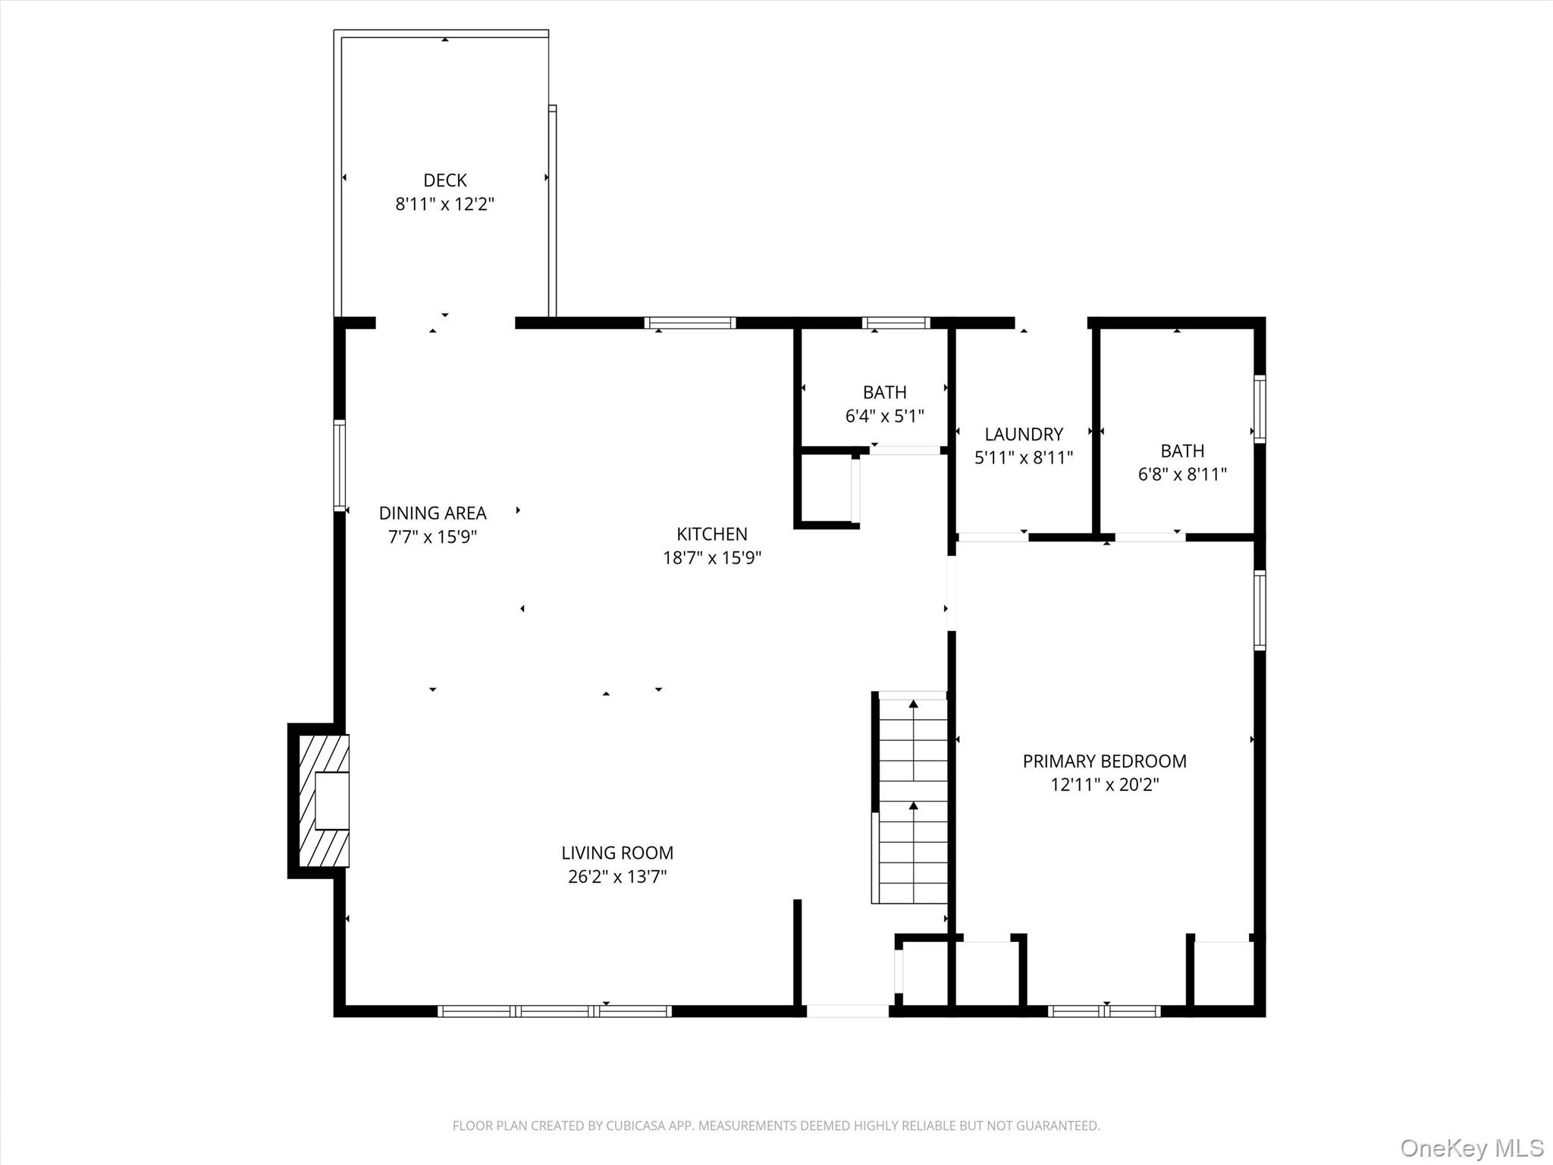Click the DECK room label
click(x=445, y=181)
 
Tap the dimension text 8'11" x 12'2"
click(x=445, y=204)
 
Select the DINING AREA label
click(x=432, y=513)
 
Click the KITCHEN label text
click(x=712, y=534)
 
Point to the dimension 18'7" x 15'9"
click(x=712, y=558)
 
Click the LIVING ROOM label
click(x=617, y=853)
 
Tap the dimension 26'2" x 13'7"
click(x=617, y=878)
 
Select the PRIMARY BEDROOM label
click(x=1104, y=761)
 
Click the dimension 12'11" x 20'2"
click(x=1104, y=785)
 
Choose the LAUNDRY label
click(x=1024, y=435)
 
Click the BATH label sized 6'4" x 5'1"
click(x=884, y=393)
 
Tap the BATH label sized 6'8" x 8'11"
click(x=1182, y=451)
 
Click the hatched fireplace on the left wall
click(x=325, y=801)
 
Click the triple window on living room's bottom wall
click(x=554, y=1011)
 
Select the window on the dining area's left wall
click(x=340, y=465)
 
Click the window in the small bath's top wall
click(x=896, y=323)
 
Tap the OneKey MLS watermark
click(x=1471, y=1148)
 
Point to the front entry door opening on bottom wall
click(x=847, y=1011)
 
